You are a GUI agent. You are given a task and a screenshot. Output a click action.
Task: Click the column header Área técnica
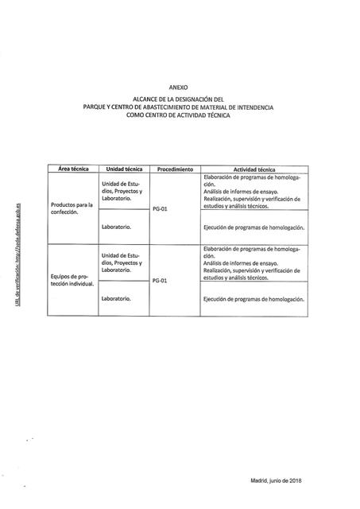tap(73, 169)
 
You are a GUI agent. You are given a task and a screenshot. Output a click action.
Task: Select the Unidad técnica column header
tap(123, 169)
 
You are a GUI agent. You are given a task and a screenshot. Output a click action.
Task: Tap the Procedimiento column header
tap(176, 169)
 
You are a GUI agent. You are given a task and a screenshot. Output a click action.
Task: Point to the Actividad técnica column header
tap(254, 169)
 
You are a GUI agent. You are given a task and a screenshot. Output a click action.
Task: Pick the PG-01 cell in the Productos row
tap(160, 208)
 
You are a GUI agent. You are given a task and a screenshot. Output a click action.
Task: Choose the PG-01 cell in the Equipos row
tap(160, 281)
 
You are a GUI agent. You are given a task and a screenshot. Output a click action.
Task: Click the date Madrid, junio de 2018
tap(276, 481)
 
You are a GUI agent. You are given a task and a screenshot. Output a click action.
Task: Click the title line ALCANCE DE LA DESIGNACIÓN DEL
tap(180, 99)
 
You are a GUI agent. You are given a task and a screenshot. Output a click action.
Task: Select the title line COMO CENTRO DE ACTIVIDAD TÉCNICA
tap(180, 115)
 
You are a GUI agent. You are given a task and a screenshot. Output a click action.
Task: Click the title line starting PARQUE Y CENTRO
tap(180, 107)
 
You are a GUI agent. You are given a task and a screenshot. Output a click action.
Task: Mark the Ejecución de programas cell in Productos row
tap(254, 227)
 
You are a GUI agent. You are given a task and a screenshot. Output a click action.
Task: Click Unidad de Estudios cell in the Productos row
tap(122, 191)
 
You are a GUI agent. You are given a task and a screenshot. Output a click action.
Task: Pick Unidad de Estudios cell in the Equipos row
tap(122, 262)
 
